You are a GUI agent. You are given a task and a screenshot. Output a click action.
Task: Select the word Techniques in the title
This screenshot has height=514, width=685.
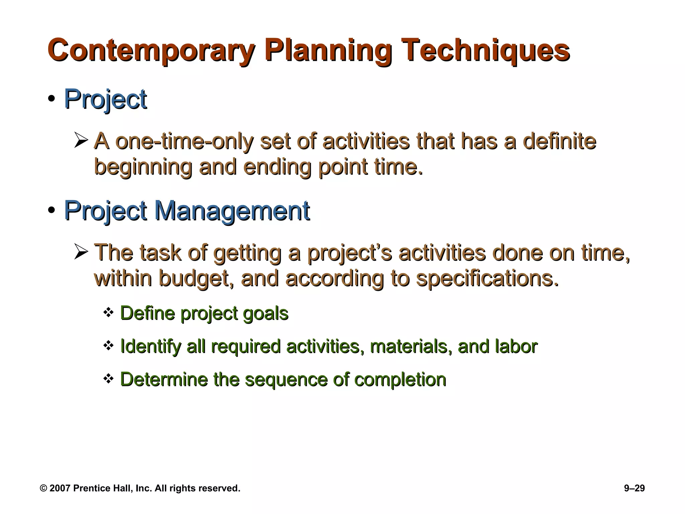coord(487,51)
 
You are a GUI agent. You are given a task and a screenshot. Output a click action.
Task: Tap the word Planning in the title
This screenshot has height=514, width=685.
coord(328,51)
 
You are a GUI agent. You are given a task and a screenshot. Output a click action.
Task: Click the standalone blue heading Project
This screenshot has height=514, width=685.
coord(105,99)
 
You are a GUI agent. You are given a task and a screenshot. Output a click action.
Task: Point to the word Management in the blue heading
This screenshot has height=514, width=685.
coord(232,211)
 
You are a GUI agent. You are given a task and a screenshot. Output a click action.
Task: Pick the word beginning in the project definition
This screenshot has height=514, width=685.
coord(143,167)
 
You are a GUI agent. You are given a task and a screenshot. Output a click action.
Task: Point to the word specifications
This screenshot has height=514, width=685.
coord(487,278)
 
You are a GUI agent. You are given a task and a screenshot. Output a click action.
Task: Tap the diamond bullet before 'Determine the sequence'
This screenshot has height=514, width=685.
coord(109,379)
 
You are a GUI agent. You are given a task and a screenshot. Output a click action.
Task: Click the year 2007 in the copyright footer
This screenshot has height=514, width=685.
coord(60,489)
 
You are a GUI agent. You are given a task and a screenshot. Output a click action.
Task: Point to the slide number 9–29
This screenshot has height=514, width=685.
coord(634,489)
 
